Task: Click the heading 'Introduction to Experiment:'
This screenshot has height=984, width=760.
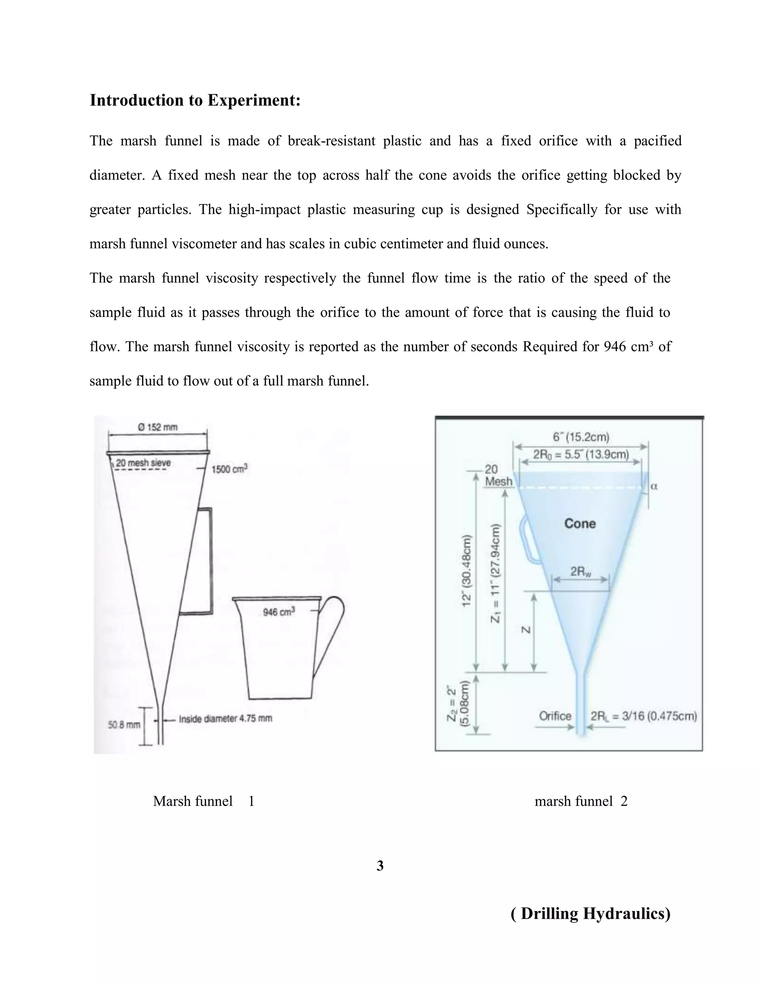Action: [195, 100]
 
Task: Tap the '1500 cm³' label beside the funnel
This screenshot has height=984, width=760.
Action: [230, 469]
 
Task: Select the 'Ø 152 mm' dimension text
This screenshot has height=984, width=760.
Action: [158, 427]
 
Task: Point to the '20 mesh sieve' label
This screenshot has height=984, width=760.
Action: [143, 463]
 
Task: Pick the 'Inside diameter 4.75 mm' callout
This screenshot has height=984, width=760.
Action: [225, 718]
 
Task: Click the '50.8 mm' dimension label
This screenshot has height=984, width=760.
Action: [124, 724]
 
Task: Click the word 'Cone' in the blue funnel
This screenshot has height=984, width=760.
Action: [580, 524]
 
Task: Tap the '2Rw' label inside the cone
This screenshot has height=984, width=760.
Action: [581, 572]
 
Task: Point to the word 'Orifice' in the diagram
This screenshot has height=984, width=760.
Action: [555, 716]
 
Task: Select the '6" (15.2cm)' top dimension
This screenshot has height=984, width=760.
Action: [581, 437]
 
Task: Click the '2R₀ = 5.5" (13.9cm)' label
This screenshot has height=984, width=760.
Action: [581, 454]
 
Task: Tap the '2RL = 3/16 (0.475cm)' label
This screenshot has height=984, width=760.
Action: [644, 716]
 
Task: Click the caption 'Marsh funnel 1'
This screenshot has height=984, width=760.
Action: [203, 801]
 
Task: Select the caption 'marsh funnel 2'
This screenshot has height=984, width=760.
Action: [581, 801]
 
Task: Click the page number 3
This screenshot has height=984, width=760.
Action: [380, 866]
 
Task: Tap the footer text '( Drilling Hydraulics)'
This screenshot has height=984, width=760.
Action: [591, 913]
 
